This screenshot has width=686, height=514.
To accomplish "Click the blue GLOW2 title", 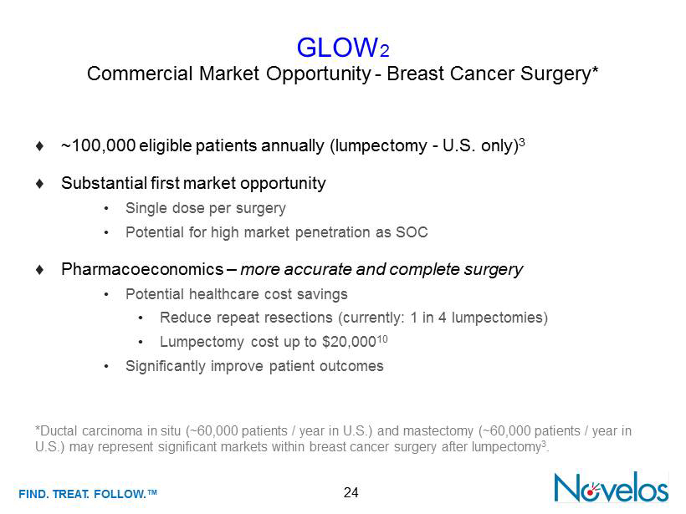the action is tap(343, 47).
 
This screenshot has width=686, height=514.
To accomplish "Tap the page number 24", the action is tap(351, 492).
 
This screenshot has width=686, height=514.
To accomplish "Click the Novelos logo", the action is tap(611, 487).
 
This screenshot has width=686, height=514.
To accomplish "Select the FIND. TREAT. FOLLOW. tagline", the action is tap(88, 494).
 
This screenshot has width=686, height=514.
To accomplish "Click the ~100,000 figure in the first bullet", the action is tap(98, 145).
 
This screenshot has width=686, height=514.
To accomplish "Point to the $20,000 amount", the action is tap(349, 342).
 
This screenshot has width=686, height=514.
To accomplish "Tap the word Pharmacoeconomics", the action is tap(142, 269).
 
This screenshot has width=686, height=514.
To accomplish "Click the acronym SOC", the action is tap(412, 232).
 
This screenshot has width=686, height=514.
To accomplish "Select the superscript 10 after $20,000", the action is tap(382, 338).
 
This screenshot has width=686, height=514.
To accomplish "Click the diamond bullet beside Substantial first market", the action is tap(40, 184).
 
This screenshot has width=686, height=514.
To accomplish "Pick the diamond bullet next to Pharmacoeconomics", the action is tap(40, 270).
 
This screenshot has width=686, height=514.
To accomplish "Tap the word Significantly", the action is tap(166, 366).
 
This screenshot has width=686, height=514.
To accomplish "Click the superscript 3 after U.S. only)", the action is tap(522, 142).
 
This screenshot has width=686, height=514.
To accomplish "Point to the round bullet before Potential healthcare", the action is tap(106, 294).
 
